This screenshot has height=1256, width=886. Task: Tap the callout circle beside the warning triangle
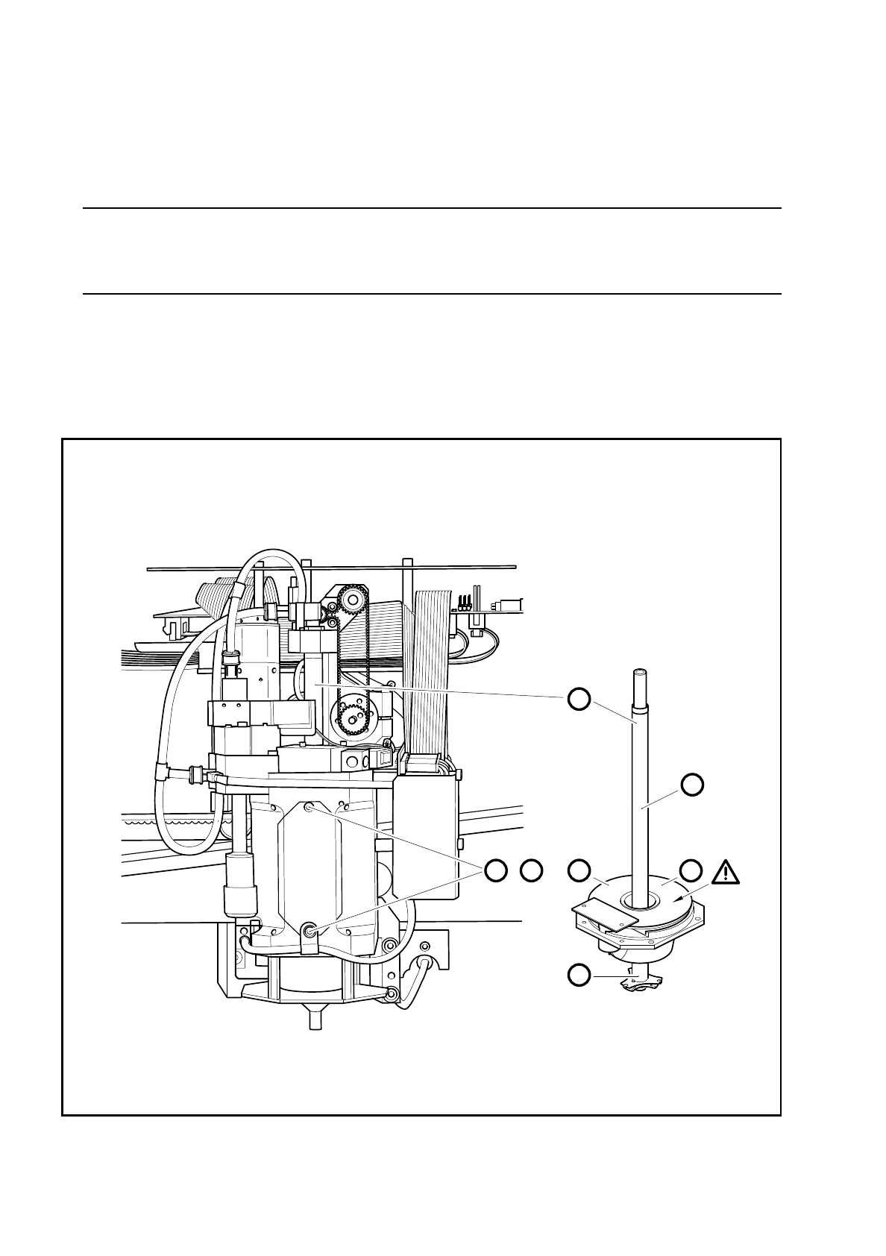tap(692, 870)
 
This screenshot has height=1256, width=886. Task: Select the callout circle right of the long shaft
tap(692, 784)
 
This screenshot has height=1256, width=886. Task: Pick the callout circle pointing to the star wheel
tap(578, 973)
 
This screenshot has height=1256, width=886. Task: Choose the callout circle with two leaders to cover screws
tap(496, 870)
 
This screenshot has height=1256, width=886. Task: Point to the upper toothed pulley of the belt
tap(349, 599)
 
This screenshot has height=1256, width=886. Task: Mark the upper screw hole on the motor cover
tap(310, 806)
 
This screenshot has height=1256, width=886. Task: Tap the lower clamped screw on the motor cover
tap(309, 929)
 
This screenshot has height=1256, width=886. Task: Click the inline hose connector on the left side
tap(195, 773)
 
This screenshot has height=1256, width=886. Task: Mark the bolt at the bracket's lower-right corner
tap(392, 992)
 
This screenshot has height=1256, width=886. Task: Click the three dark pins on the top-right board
tap(465, 601)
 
